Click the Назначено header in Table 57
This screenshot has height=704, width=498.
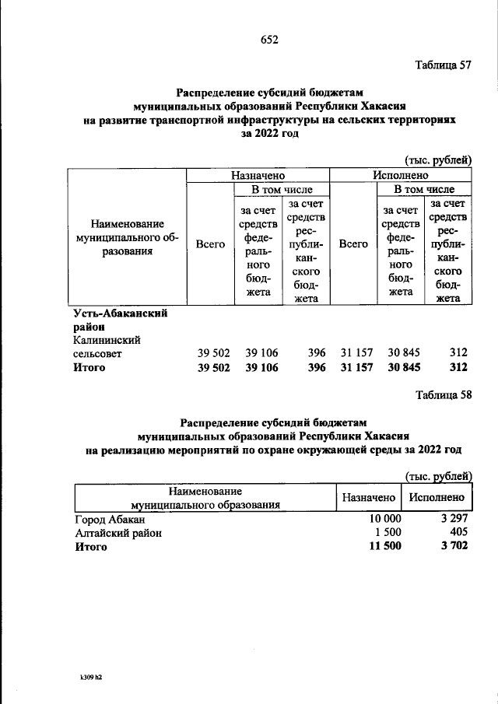tap(258, 176)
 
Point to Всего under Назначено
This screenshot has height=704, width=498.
tap(210, 243)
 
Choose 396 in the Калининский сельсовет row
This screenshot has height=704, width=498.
tap(316, 353)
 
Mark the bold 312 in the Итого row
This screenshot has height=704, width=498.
tap(458, 367)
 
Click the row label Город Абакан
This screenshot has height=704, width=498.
tap(110, 519)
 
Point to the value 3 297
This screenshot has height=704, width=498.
tap(451, 519)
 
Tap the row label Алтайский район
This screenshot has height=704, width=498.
tap(117, 533)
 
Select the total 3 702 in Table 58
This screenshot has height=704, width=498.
tap(451, 547)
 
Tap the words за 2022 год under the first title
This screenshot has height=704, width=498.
tap(269, 134)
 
